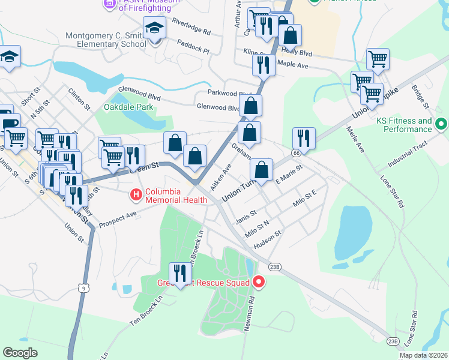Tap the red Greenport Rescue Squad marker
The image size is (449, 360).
pos(259,281)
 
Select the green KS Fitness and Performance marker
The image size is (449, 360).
pos(442,125)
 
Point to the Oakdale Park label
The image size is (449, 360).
pos(128,107)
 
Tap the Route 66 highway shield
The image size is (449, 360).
pos(296,153)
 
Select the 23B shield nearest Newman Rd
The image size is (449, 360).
pos(275,266)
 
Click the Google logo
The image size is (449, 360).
pos(20,353)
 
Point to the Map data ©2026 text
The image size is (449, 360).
pos(423,355)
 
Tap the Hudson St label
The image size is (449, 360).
pos(268,236)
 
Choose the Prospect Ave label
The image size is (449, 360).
pos(118,214)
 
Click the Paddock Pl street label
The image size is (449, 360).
pos(193,47)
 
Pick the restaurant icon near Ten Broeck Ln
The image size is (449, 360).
pos(179,274)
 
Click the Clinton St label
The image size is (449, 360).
pos(79,99)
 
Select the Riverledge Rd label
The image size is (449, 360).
pos(191,26)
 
